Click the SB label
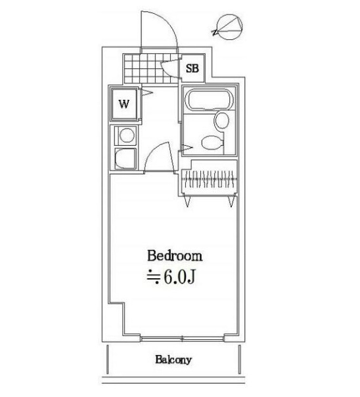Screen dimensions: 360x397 (192, 68)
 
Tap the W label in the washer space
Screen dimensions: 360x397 (124, 104)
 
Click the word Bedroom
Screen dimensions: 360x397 (175, 256)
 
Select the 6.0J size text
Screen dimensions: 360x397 (179, 277)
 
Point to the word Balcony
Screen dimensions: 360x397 (173, 360)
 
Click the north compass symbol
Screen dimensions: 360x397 (229, 27)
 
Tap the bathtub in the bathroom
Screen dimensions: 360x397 (209, 100)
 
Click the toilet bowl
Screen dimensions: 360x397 (212, 143)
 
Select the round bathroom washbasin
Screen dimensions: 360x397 (222, 120)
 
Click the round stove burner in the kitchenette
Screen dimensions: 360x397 (127, 135)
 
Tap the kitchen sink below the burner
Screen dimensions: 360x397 (125, 159)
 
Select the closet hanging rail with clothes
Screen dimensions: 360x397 (210, 179)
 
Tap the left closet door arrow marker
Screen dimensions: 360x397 (187, 201)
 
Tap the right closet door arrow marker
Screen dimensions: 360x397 (231, 201)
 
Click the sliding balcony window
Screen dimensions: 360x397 (182, 339)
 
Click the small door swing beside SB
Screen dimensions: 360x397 (170, 68)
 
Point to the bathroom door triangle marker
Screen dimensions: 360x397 (188, 147)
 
